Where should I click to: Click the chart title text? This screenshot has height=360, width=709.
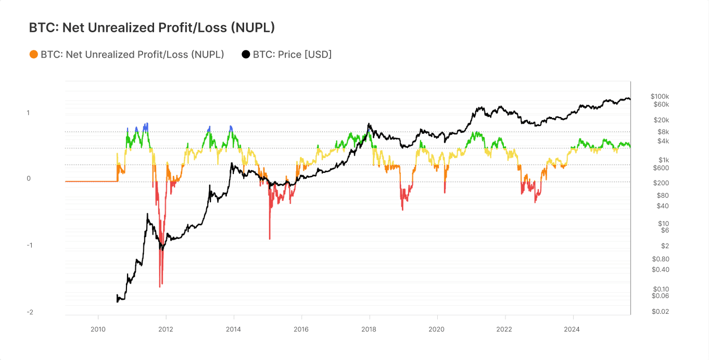pyautogui.click(x=151, y=28)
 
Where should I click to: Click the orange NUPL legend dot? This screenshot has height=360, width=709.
pyautogui.click(x=34, y=54)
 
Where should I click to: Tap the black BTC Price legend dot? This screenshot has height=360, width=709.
pyautogui.click(x=246, y=54)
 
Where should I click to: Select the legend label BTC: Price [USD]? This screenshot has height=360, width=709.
pyautogui.click(x=292, y=54)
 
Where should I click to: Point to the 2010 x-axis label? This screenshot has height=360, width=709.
pyautogui.click(x=98, y=329)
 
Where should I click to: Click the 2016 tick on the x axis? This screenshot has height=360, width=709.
pyautogui.click(x=301, y=329)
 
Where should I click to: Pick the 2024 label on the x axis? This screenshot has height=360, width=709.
pyautogui.click(x=572, y=329)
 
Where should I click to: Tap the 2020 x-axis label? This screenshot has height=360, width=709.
pyautogui.click(x=436, y=329)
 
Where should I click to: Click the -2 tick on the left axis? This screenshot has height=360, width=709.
pyautogui.click(x=30, y=312)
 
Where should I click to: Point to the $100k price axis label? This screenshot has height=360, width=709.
pyautogui.click(x=660, y=96)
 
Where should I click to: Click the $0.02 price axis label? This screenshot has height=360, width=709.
pyautogui.click(x=660, y=312)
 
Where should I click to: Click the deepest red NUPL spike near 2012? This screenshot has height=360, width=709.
pyautogui.click(x=160, y=287)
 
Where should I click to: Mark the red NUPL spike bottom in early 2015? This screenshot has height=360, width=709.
pyautogui.click(x=270, y=239)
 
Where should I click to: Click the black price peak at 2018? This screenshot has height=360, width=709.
pyautogui.click(x=369, y=124)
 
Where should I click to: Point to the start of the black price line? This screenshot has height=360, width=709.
pyautogui.click(x=117, y=301)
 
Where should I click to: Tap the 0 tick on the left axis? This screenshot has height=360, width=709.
pyautogui.click(x=29, y=178)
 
